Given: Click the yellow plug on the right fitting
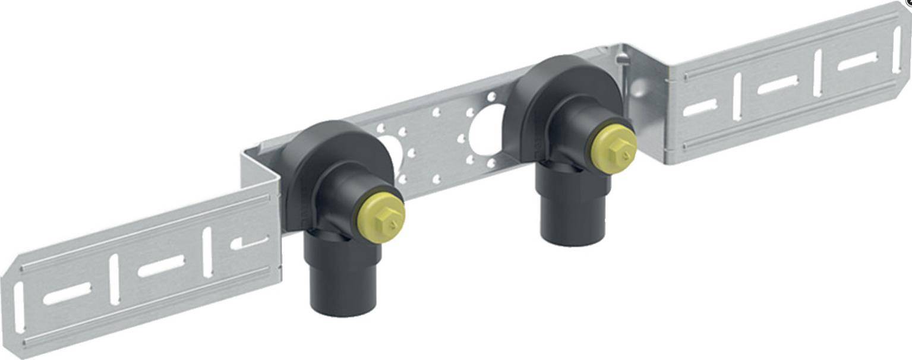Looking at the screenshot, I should point(614,149).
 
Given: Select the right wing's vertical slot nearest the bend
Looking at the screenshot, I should point(737,97).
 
